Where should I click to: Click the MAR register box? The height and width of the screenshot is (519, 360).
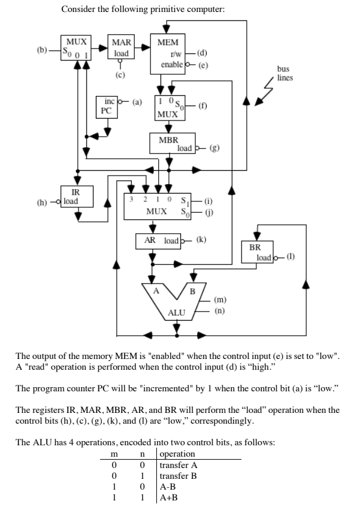click(122, 49)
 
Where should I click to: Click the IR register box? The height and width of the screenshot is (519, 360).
click(75, 196)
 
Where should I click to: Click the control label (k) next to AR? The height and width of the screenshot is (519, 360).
click(201, 240)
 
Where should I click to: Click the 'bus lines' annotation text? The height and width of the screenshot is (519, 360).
click(283, 73)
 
